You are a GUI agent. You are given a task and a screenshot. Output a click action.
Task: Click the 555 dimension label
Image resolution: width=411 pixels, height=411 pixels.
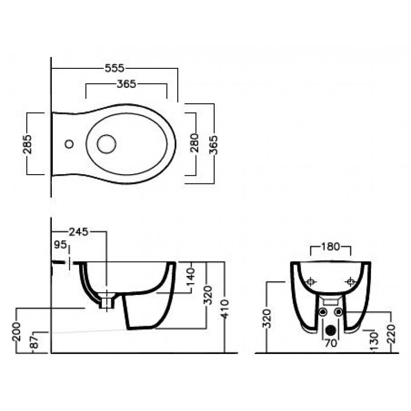(x=114, y=68)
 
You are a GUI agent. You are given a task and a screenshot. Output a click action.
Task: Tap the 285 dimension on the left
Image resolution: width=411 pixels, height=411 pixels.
(x=27, y=144)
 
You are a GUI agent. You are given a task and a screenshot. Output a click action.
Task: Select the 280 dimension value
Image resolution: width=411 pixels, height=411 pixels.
(x=194, y=143)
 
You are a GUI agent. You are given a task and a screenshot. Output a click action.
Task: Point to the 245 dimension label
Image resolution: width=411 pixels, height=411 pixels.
(x=79, y=232)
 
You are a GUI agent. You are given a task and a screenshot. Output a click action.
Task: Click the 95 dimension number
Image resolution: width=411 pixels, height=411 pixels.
(x=60, y=245)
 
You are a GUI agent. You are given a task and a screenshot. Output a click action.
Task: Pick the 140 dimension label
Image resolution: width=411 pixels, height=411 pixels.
(x=191, y=277)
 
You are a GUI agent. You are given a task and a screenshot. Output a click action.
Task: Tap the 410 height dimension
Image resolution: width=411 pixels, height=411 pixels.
(x=225, y=309)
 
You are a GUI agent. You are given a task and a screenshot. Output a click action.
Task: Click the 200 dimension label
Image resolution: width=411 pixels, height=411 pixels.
(x=16, y=332)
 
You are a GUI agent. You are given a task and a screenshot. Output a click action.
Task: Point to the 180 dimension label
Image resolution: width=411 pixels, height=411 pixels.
(x=330, y=247)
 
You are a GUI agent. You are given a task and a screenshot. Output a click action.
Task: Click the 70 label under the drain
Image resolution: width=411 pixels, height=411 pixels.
(x=331, y=343)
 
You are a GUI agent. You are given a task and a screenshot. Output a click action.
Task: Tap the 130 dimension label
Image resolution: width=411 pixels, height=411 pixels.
(x=375, y=342)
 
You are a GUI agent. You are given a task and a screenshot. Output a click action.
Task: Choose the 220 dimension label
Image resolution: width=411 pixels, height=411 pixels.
(x=391, y=334)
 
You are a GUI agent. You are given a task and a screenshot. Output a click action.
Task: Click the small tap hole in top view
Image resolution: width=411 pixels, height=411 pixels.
(x=69, y=144)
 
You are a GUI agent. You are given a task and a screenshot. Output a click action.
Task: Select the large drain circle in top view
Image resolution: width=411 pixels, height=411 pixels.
(x=106, y=144)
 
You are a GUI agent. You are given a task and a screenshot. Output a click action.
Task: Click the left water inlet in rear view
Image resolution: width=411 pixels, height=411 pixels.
(x=323, y=312)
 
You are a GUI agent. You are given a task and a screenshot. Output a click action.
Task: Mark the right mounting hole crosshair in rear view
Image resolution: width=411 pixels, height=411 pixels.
(x=351, y=282)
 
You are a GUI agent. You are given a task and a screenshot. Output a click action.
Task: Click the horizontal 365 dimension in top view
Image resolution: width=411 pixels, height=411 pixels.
(x=126, y=84)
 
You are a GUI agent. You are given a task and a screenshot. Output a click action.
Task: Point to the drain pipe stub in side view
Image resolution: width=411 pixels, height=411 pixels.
(x=107, y=303)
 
